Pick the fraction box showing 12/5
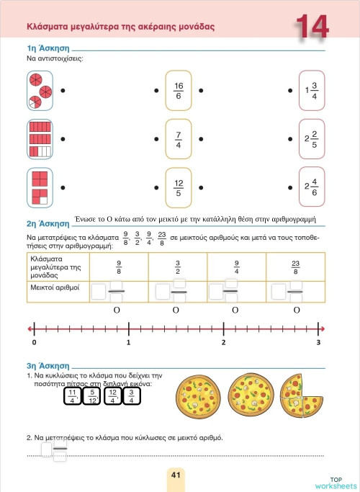[179, 187]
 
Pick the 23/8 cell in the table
[295, 268]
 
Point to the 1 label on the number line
[128, 342]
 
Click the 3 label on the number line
[318, 342]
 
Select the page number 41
[176, 475]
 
